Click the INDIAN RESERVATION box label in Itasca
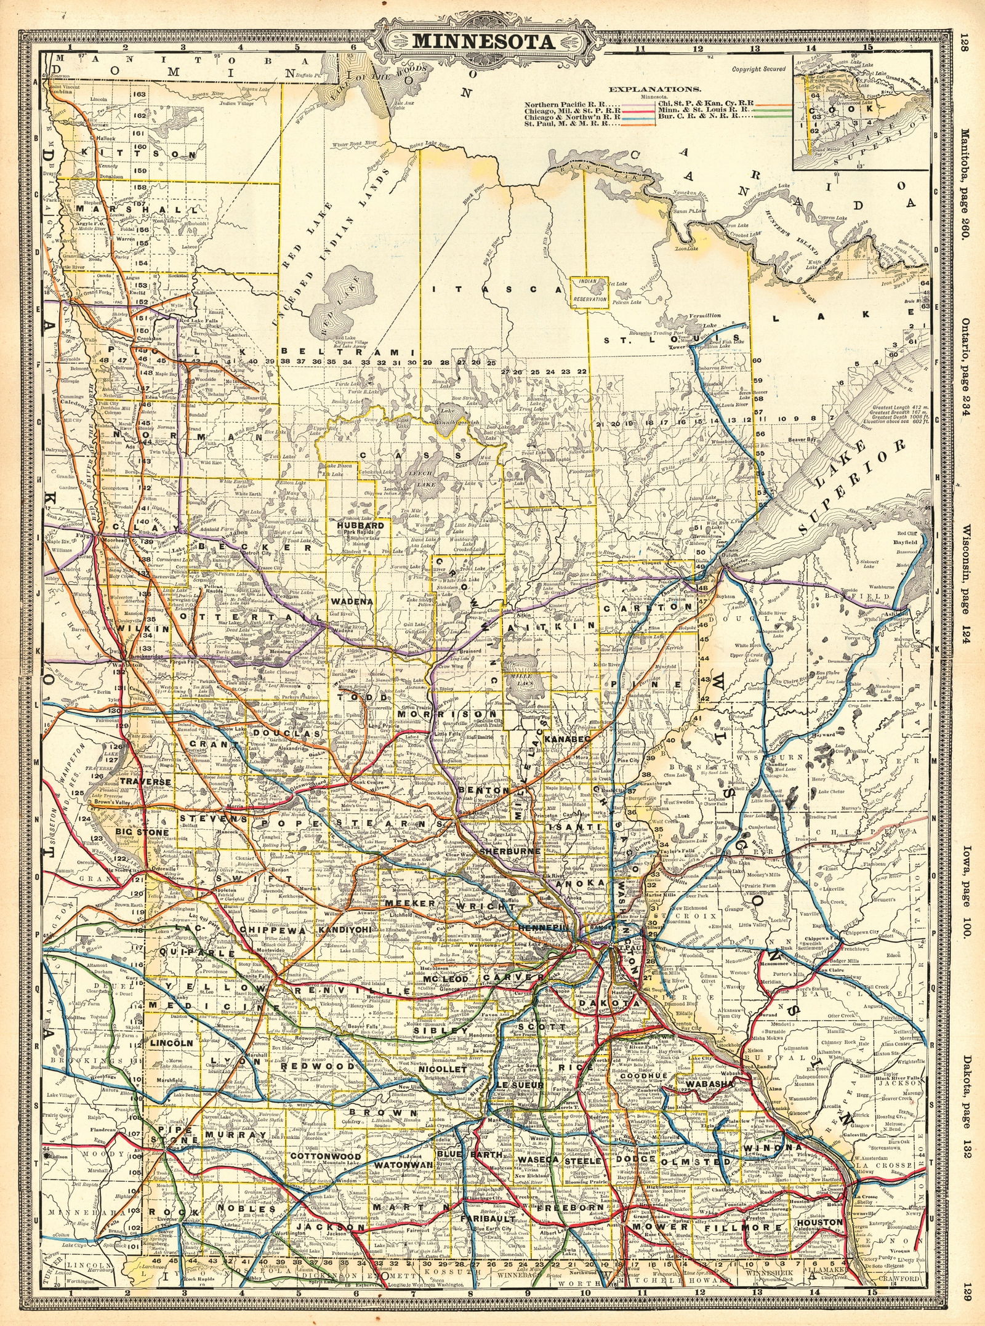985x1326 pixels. click(589, 291)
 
